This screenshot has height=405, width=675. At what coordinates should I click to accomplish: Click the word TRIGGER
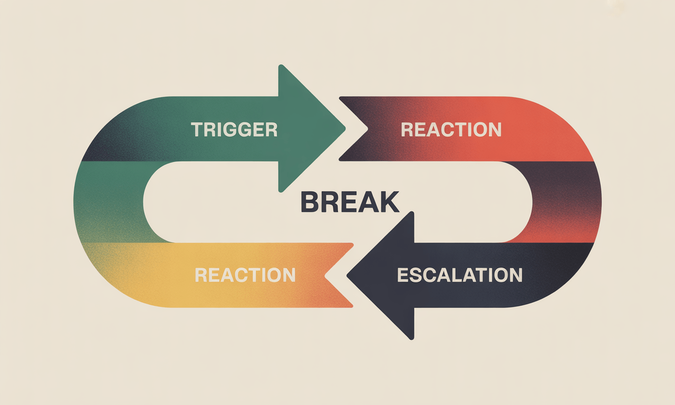pos(234,130)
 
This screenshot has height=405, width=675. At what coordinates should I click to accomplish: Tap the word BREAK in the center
pos(350,202)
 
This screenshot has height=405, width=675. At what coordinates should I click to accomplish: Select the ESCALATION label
pos(459,275)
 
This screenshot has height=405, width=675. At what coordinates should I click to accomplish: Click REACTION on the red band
pos(451,130)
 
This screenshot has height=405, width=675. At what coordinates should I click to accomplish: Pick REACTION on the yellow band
pos(245,275)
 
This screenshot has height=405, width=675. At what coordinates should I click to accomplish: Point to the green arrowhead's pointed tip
pos(345,129)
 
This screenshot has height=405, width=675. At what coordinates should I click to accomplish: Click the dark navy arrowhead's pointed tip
pos(348,275)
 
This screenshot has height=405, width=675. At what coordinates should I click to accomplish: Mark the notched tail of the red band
pos(368,129)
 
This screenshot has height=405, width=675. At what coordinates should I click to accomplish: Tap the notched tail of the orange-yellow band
pos(325,275)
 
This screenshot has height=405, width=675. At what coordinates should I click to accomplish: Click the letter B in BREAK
pos(310,202)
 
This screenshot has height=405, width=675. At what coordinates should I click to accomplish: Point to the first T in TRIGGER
pos(197,130)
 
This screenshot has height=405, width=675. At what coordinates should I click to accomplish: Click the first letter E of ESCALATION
pos(403,275)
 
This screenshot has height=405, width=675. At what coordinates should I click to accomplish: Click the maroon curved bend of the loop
pos(566,202)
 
